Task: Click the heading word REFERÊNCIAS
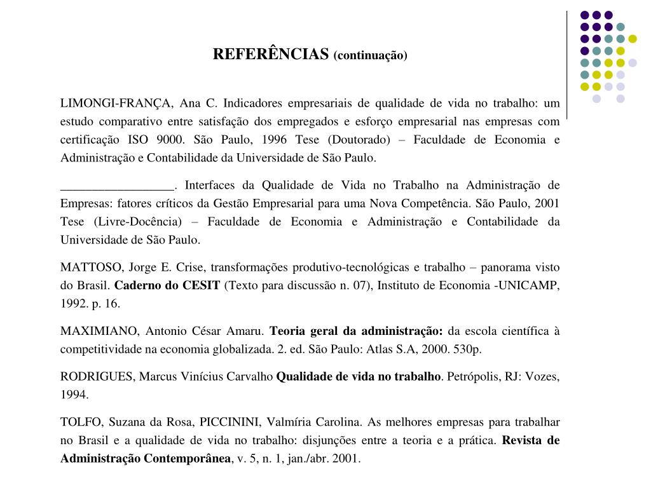pyautogui.click(x=271, y=54)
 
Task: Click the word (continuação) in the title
pyautogui.click(x=370, y=55)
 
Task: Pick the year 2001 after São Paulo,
pyautogui.click(x=547, y=203)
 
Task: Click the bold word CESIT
pyautogui.click(x=201, y=285)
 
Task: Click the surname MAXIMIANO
pyautogui.click(x=98, y=331)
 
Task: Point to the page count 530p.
pyautogui.click(x=467, y=349)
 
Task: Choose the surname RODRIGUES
pyautogui.click(x=97, y=377)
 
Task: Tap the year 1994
pyautogui.click(x=74, y=395)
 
